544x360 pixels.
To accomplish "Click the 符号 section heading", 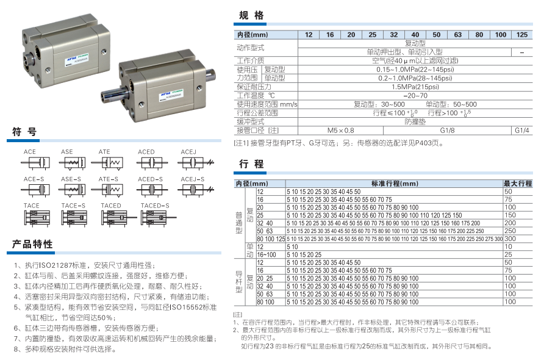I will [x=25, y=132].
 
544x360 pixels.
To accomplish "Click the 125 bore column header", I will [x=522, y=35].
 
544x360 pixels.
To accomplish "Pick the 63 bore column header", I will [x=457, y=35].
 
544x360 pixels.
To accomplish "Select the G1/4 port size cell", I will [x=523, y=130].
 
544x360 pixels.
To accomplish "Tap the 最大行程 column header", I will [x=517, y=183].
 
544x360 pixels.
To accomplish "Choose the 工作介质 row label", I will [x=250, y=60].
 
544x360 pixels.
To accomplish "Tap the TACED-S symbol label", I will [x=155, y=206].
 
